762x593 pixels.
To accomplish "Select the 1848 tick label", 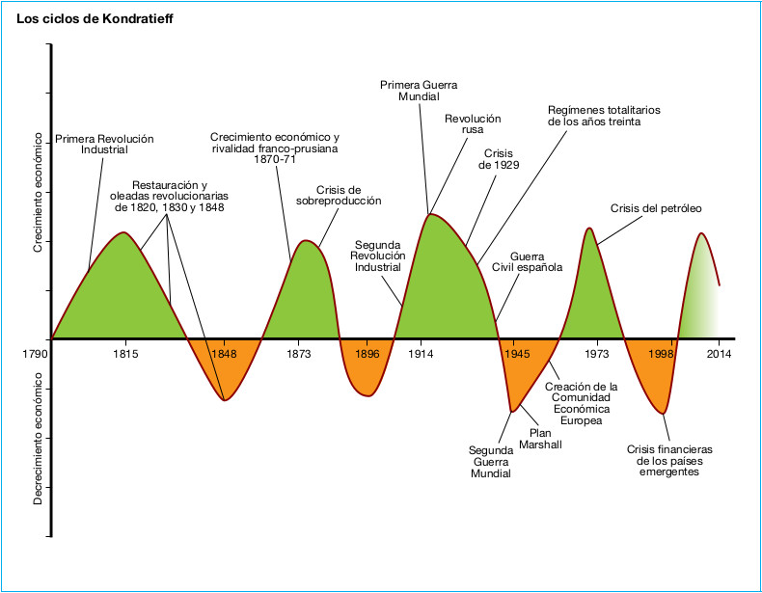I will pos(224,354).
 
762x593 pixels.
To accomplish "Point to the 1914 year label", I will pos(419,354).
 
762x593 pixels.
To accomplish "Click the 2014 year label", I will pos(719,354).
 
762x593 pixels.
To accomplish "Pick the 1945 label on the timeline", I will pos(514,354).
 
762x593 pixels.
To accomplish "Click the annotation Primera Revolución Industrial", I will pos(104,145).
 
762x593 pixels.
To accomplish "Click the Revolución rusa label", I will pos(473,124).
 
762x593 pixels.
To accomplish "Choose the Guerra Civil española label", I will pos(527,261).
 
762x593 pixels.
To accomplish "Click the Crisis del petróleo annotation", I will pos(656,208).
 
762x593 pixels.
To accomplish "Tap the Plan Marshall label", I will pos(539,439).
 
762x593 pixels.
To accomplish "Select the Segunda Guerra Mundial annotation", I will pos(490,461).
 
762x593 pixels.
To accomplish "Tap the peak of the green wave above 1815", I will pos(123,234).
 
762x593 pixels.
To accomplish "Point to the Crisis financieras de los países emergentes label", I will pos(668,460).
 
